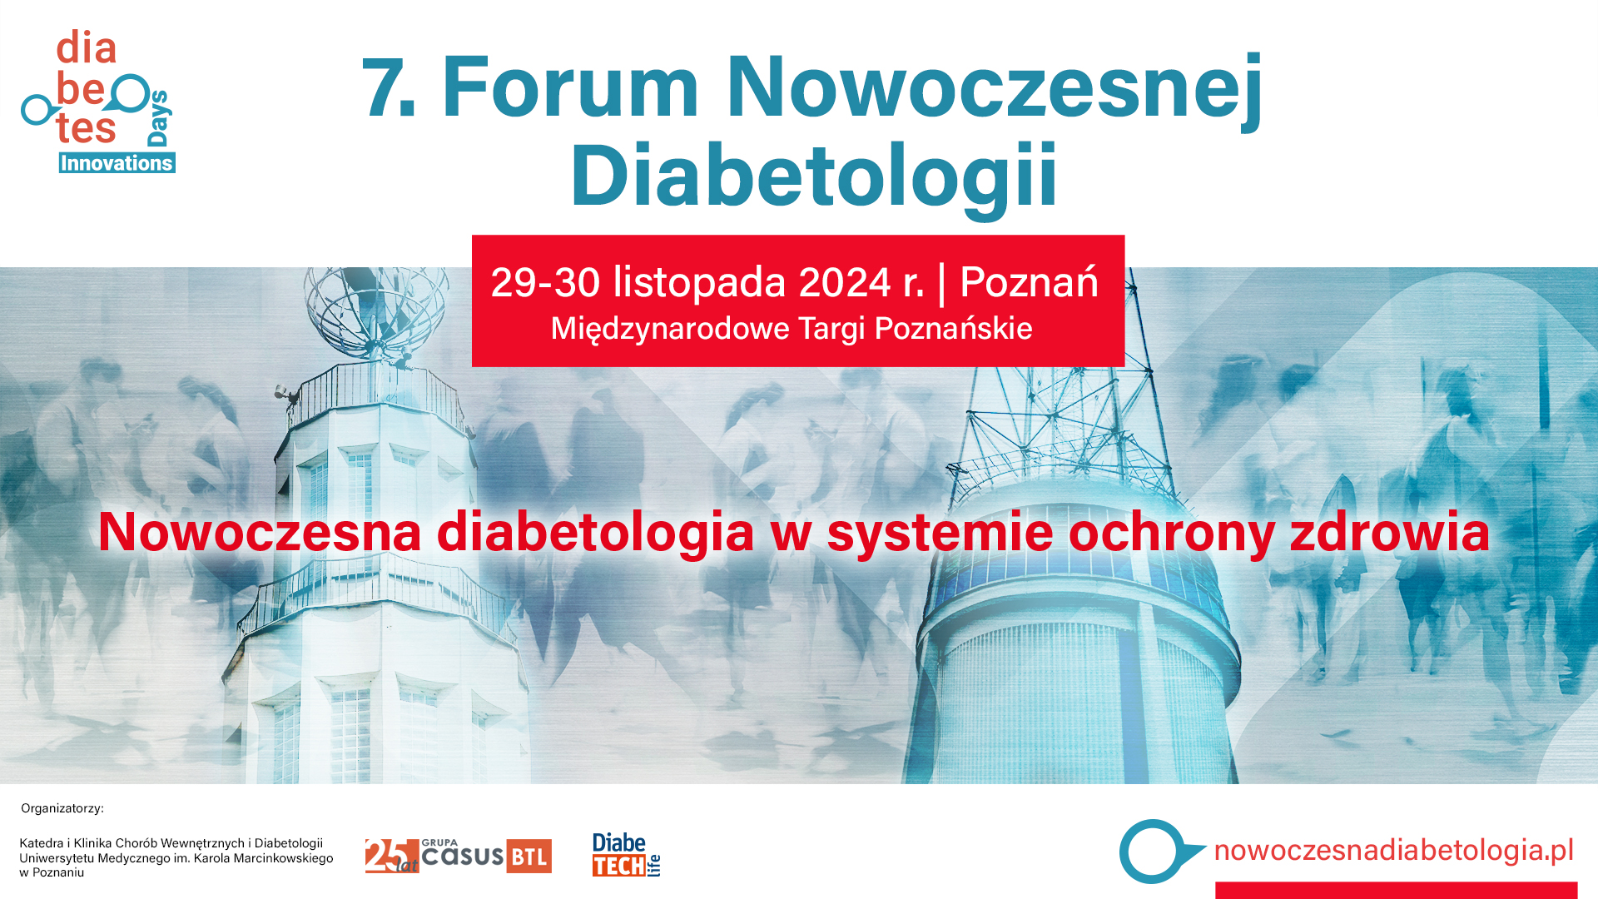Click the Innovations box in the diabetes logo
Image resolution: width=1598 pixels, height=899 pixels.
coord(117,163)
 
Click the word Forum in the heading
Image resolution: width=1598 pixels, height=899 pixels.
coord(570,87)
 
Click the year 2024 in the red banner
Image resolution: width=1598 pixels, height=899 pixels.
coord(845,283)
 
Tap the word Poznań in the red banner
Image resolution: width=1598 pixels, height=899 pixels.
coord(1029,283)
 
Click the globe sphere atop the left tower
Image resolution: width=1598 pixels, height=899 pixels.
coord(375,304)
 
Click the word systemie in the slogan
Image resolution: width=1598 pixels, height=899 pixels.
coord(940,533)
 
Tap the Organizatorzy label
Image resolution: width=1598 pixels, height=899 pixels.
coord(62,808)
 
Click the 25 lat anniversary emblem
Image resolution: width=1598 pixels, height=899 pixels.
coord(391,856)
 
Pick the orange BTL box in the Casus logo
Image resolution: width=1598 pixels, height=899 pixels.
coord(529,857)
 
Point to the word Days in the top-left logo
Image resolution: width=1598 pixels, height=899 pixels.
coord(158,118)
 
